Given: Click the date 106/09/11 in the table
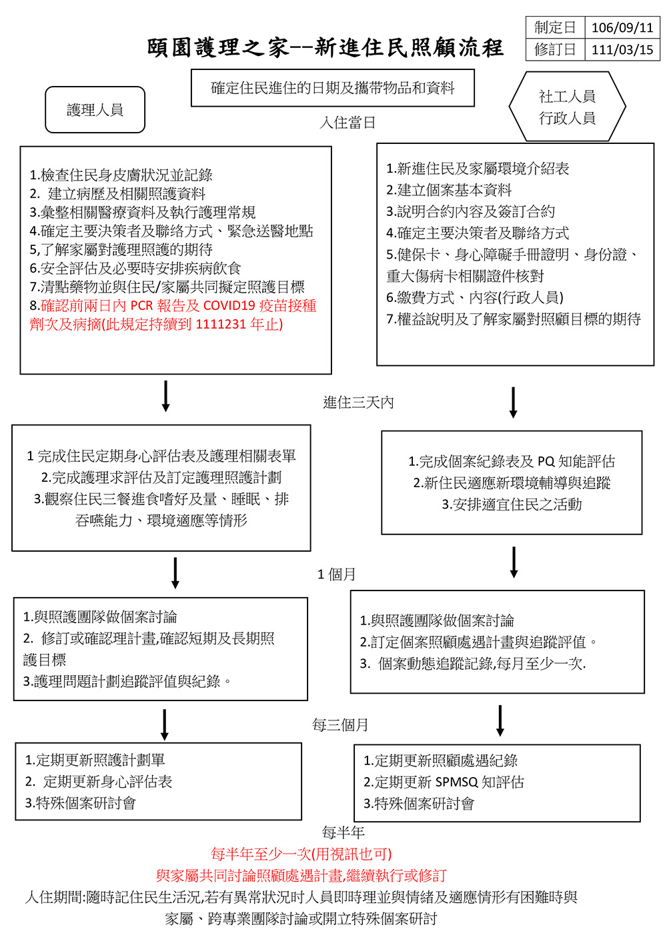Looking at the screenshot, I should [x=622, y=28].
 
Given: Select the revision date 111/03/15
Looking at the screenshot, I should [x=622, y=50].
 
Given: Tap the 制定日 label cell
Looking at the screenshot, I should [x=555, y=28].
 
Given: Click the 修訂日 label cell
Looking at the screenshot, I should [x=555, y=50].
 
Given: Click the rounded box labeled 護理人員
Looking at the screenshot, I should [x=95, y=110].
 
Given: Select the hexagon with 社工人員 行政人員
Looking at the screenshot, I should [x=567, y=107].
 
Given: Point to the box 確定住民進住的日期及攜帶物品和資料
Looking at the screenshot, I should [x=333, y=88].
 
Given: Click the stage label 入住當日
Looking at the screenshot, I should [x=348, y=123].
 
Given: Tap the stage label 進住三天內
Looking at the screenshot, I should [x=358, y=403].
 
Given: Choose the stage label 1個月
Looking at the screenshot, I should [x=337, y=574].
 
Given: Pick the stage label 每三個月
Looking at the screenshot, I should [x=340, y=725].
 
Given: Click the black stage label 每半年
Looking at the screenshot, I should [x=344, y=832].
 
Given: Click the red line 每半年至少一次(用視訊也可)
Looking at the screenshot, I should [x=301, y=854].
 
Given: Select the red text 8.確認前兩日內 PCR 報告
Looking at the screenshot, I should [x=173, y=306].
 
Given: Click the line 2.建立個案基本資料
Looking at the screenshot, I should [x=449, y=190].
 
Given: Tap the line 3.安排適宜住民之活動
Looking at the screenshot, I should [x=512, y=504].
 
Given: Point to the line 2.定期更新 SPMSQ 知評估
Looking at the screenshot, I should [x=444, y=782].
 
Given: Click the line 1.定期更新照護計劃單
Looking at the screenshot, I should [x=95, y=760].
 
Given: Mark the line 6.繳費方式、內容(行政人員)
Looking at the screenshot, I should [x=475, y=297].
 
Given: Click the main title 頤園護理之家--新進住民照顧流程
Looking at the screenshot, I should [x=325, y=48].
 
